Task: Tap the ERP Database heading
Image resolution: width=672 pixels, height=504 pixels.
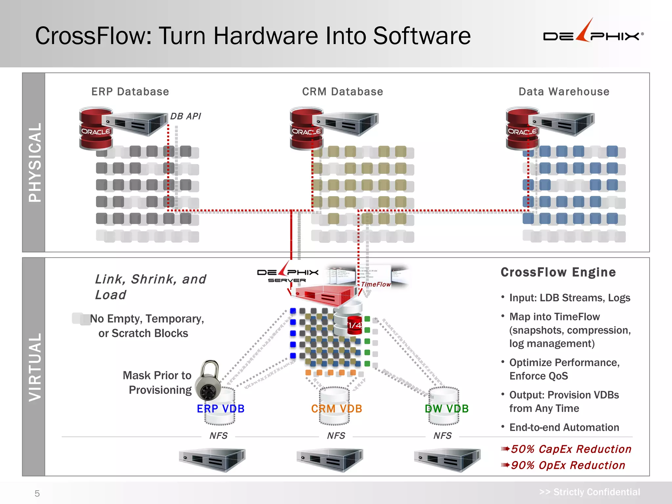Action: tap(130, 92)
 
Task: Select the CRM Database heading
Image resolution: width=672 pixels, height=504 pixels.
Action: tap(342, 92)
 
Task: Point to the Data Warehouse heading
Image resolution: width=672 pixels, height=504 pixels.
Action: tap(564, 92)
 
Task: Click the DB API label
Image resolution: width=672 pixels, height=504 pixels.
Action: tap(185, 116)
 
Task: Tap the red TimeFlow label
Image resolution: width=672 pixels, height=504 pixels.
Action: tap(376, 284)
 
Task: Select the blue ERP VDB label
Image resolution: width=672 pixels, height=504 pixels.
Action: tap(220, 409)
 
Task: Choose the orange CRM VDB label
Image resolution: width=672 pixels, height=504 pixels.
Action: tap(336, 409)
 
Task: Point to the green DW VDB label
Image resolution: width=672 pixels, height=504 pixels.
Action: tap(446, 409)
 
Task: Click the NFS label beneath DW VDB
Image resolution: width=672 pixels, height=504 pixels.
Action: tap(442, 435)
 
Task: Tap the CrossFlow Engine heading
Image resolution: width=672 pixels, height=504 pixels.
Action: tap(558, 272)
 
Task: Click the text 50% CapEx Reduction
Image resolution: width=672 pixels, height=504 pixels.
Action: tap(571, 449)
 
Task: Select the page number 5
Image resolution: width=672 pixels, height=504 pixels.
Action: tap(37, 493)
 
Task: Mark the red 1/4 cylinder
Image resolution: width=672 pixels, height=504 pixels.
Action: tap(354, 325)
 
